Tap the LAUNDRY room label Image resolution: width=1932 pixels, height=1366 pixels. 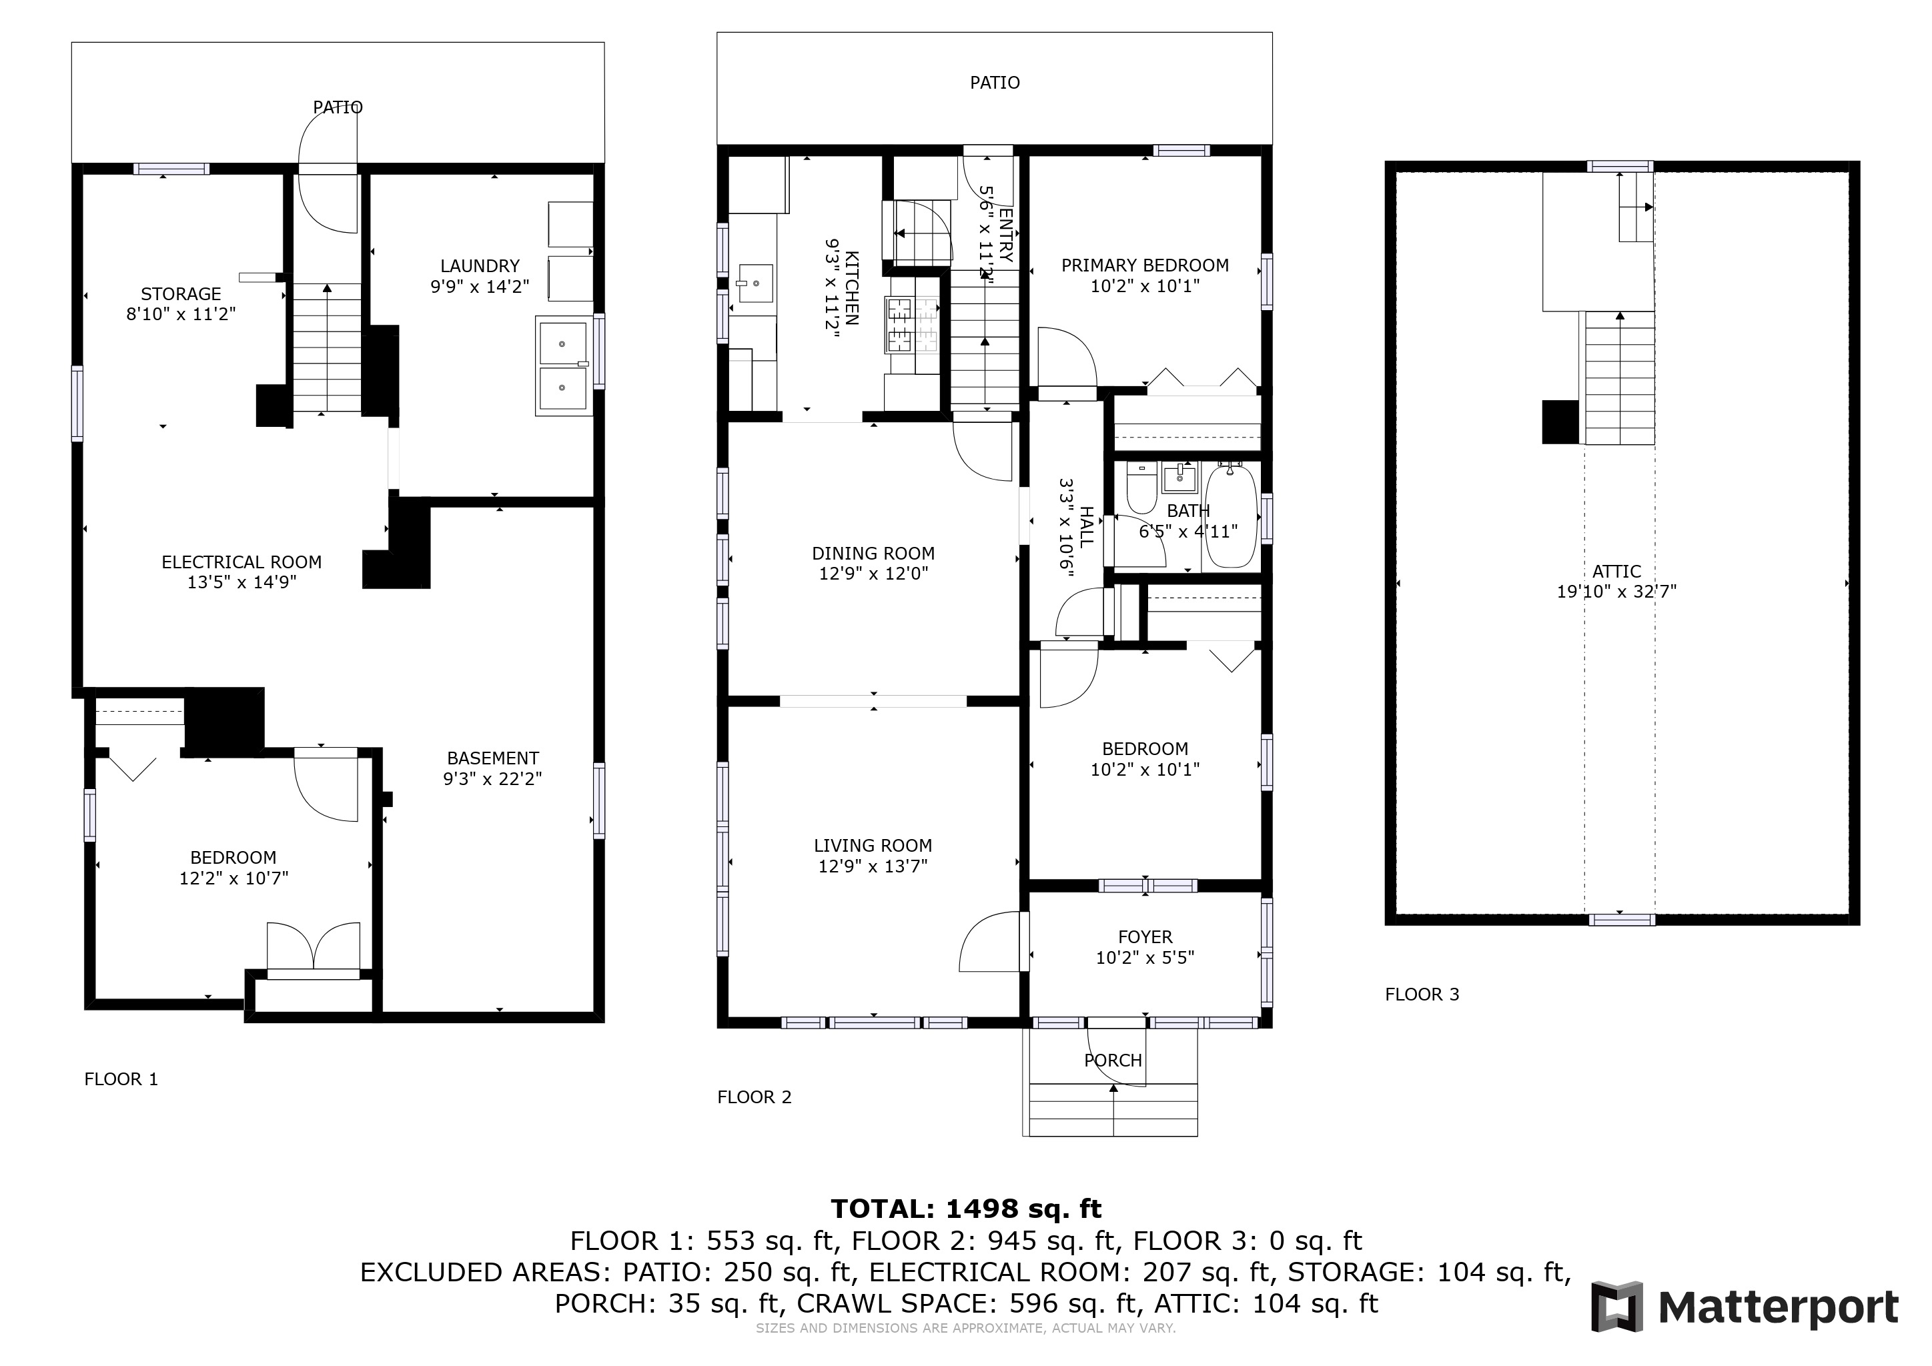(480, 266)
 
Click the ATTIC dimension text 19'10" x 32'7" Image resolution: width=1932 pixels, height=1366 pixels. (1616, 592)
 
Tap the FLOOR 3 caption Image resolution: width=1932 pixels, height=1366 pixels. (1422, 994)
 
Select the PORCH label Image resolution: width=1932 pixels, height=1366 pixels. (1113, 1061)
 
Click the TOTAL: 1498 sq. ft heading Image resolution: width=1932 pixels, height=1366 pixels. (966, 1209)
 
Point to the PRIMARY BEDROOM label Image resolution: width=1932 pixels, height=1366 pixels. (1145, 266)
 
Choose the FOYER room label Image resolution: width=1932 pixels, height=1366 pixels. (1145, 937)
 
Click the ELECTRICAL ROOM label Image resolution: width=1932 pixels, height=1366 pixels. (241, 562)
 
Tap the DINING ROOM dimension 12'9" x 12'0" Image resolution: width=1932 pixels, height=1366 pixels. (873, 574)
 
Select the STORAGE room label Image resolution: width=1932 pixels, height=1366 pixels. (181, 294)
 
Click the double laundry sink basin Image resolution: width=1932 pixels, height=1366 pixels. (563, 366)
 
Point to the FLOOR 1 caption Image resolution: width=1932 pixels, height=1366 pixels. (121, 1079)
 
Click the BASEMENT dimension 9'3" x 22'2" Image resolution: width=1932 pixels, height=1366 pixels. (492, 779)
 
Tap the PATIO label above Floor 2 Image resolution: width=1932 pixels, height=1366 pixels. (995, 83)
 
